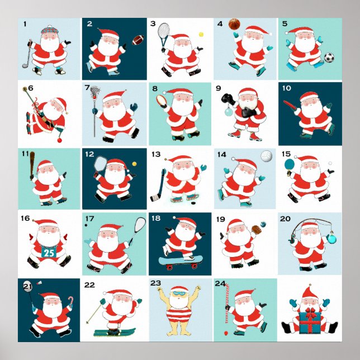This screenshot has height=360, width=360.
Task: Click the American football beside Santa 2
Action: (137, 40)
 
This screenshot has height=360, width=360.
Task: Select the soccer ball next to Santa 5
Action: (329, 57)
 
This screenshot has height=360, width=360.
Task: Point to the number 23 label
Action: (155, 283)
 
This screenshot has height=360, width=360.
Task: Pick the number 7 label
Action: (87, 88)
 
